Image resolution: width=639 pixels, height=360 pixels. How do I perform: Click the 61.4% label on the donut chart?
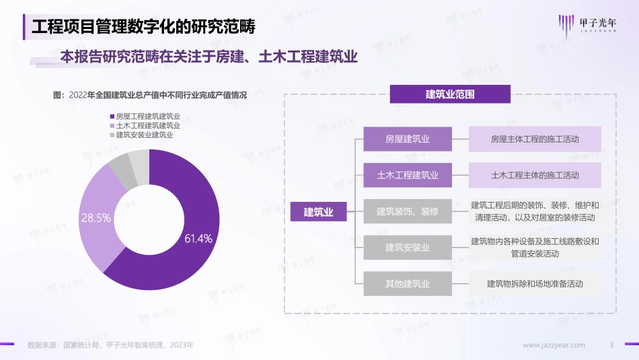(198, 238)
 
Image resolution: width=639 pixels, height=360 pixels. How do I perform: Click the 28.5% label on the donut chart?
(96, 218)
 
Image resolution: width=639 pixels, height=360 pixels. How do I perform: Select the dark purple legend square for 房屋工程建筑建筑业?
(112, 116)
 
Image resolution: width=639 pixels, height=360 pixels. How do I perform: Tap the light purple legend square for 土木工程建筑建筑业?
(112, 126)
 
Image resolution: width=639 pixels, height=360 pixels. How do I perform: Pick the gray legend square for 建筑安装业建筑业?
(112, 135)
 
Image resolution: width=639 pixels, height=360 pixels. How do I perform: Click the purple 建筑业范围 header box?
(450, 94)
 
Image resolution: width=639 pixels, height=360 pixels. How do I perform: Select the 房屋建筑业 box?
(408, 139)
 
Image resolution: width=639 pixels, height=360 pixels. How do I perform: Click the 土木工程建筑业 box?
(408, 175)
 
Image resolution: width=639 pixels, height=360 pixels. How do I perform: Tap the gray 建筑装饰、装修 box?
(408, 211)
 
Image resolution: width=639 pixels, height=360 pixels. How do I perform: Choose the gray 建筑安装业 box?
(408, 248)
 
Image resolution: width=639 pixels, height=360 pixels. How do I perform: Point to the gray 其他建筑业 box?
(408, 283)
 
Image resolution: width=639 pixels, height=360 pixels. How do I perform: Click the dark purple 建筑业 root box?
(319, 212)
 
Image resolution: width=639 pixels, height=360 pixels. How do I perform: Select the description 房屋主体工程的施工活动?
(535, 139)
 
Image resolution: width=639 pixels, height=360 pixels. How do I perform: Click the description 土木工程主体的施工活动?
(535, 175)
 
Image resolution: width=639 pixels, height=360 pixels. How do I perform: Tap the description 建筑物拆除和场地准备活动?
(535, 283)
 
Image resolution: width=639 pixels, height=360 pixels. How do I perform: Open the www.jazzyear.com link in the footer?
(554, 345)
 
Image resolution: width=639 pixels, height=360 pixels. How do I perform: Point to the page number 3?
(611, 345)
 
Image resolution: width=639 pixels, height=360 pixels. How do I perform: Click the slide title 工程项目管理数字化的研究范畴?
(144, 28)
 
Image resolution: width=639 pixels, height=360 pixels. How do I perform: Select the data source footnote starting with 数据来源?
(110, 345)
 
